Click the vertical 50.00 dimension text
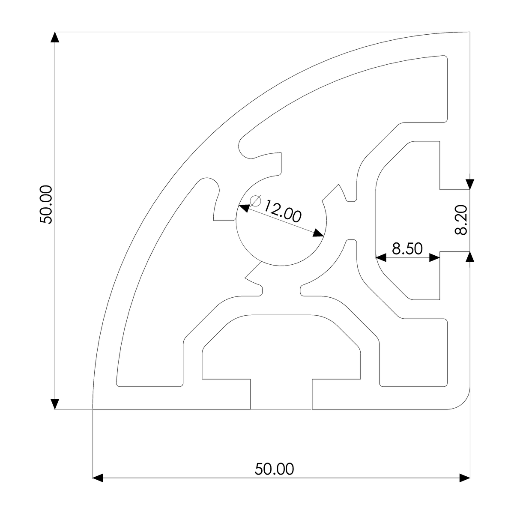point(45,204)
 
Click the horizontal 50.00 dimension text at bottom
point(274,469)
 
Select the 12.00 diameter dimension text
point(282,210)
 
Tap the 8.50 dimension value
point(407,248)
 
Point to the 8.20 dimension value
point(460,220)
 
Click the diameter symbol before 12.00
point(255,200)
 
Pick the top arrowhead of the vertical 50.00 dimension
point(55,37)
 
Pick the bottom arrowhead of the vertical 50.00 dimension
point(55,404)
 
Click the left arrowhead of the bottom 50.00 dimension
point(99,478)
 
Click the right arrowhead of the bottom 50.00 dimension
point(464,478)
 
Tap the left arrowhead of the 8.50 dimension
point(381,257)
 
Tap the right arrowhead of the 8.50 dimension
point(435,257)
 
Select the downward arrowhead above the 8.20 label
point(470,184)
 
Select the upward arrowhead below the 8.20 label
point(470,256)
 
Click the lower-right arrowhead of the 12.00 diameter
point(318,233)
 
